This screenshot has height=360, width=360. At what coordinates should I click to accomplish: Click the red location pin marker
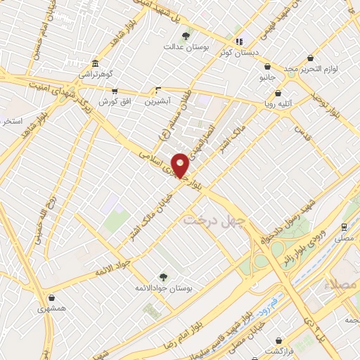(x=181, y=165)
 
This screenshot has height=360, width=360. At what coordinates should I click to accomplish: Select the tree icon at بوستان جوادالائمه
(x=164, y=278)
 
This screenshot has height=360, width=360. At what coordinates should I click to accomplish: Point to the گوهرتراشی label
(x=94, y=73)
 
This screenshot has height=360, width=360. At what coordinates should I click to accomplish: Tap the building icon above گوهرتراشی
(x=96, y=63)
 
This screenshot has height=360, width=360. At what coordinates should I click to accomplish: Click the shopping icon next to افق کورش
(x=115, y=91)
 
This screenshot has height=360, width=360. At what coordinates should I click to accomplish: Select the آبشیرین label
(x=158, y=101)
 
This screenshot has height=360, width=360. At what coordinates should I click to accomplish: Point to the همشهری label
(x=53, y=308)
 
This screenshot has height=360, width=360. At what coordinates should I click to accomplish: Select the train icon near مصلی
(x=343, y=227)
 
